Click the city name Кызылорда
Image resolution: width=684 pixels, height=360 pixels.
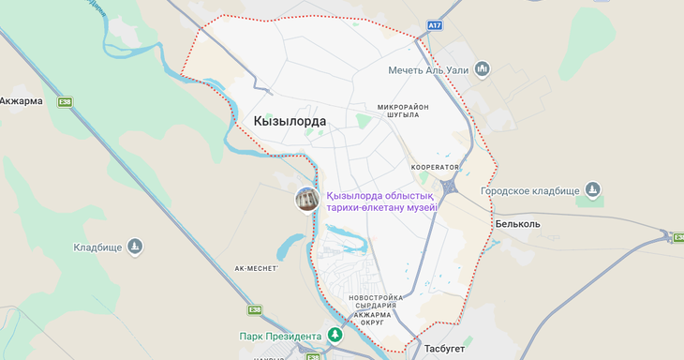coord(290,121)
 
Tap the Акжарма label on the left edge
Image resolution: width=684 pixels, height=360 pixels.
coord(21,100)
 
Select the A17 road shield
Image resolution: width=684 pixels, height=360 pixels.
coord(433,25)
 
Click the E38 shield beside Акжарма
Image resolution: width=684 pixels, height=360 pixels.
coord(65,101)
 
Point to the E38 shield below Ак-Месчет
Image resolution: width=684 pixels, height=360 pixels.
coord(255,309)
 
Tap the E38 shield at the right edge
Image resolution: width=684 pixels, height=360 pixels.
coord(677,236)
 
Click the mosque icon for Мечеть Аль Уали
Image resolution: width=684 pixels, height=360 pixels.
coord(483,69)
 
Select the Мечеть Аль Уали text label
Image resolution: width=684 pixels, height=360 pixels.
coord(431,70)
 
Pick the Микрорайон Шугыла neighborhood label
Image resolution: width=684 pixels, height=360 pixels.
coord(403,111)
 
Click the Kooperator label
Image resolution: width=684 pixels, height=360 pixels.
coord(436,167)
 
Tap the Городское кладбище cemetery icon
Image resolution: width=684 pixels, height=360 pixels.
coord(592,190)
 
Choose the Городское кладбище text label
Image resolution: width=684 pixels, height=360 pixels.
coord(530,190)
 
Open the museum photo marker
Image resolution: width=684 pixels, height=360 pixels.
coord(306,200)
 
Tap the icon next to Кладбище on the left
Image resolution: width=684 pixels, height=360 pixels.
coord(135,247)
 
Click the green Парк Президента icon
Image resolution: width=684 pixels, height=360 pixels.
coord(335,335)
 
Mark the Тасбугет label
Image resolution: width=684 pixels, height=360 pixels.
coord(444,348)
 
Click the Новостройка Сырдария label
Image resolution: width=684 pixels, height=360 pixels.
coord(375,302)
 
